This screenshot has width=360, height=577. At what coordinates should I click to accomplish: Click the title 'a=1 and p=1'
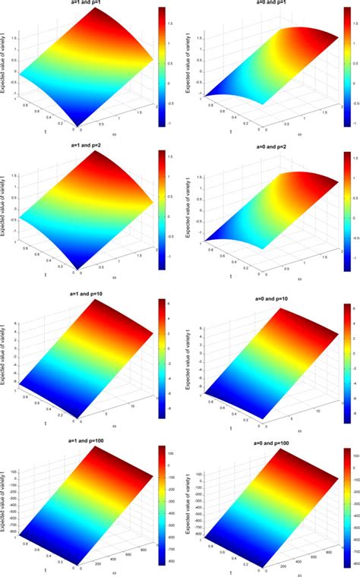(x=83, y=3)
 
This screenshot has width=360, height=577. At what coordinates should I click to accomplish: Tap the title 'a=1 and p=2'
(x=83, y=147)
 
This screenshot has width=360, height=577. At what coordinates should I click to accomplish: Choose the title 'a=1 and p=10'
(x=84, y=292)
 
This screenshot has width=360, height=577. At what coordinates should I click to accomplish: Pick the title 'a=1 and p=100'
(x=84, y=441)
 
